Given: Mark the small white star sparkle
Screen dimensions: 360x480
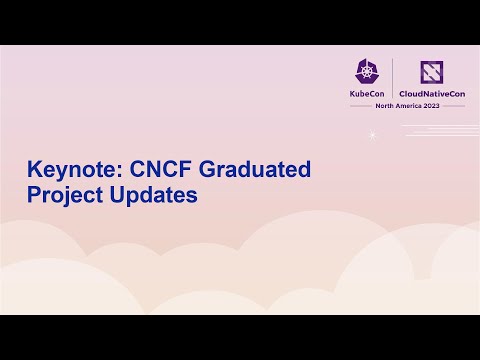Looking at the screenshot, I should [x=372, y=136].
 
